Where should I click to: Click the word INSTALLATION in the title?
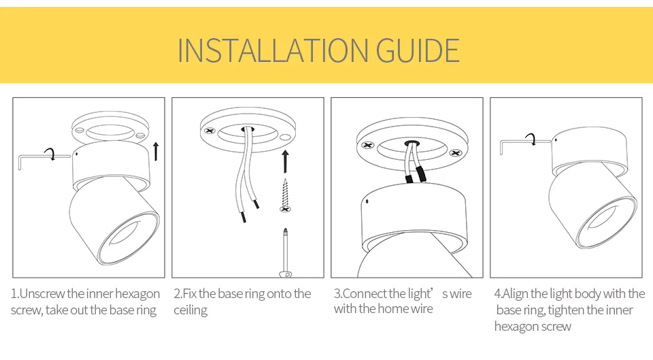[273, 51]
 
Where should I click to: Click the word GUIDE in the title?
[418, 51]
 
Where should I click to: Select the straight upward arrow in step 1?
[156, 151]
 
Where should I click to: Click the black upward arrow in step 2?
[285, 162]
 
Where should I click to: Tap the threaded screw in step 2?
[285, 195]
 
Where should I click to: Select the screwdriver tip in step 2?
[285, 231]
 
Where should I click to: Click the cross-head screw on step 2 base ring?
[210, 131]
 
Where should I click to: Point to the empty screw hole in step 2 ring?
[285, 137]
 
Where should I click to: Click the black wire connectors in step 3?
[416, 176]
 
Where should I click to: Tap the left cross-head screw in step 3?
[368, 146]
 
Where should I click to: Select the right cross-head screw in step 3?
[456, 153]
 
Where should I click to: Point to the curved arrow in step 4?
[531, 139]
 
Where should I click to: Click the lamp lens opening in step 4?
[604, 222]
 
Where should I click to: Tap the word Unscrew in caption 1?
[42, 294]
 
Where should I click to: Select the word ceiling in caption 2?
[190, 311]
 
